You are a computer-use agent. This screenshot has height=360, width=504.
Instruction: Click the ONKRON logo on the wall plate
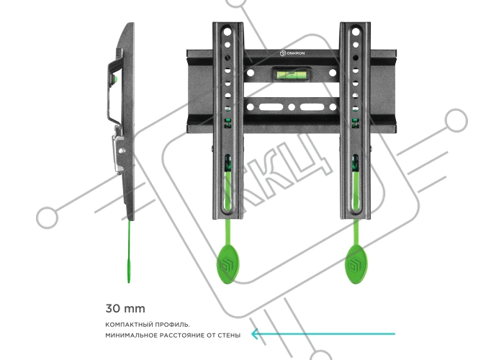click(x=292, y=53)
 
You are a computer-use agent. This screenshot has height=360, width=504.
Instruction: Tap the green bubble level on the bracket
click(x=292, y=75)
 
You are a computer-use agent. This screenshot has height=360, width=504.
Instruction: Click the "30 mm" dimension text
click(x=125, y=309)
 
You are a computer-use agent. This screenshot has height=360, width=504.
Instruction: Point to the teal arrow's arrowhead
click(x=256, y=334)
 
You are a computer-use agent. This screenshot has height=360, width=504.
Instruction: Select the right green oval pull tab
click(x=356, y=264)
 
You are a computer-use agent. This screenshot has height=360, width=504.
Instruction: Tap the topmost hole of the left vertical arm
click(x=227, y=32)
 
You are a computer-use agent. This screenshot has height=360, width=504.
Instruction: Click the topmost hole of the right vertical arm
click(x=356, y=32)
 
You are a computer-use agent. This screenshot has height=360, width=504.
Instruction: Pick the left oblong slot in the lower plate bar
click(x=271, y=107)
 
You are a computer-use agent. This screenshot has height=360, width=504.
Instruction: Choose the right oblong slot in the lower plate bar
click(x=312, y=107)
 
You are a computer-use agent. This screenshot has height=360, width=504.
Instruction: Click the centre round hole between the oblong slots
click(x=292, y=107)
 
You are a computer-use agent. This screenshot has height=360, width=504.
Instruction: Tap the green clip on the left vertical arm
click(x=228, y=123)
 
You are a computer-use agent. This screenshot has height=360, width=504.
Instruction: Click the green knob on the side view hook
click(x=116, y=79)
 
